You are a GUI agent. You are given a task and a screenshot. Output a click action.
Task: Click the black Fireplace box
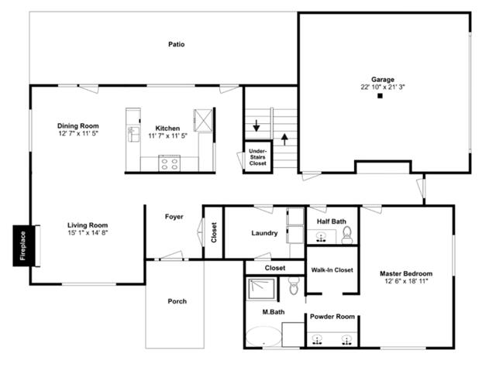[x=22, y=246]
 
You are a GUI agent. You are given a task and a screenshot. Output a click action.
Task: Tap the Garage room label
[x=383, y=80]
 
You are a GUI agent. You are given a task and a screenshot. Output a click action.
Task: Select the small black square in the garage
[x=380, y=97]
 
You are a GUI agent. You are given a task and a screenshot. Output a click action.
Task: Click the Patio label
[x=177, y=44]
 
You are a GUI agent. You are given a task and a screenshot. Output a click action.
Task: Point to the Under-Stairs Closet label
[x=258, y=157]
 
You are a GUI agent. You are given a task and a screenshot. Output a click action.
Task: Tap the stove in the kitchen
[x=169, y=163]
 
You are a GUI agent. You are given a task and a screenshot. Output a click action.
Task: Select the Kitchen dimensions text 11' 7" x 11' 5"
[x=168, y=136]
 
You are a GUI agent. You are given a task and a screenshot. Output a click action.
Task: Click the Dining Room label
[x=78, y=125]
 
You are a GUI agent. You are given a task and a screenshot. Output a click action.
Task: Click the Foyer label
[x=174, y=217]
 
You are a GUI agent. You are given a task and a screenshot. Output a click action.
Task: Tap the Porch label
[x=177, y=301]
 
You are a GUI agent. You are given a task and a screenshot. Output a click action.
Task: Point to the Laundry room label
[x=264, y=233]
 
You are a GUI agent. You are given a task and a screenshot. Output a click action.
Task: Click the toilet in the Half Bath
[x=347, y=233]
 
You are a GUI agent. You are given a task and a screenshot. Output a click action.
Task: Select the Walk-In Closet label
[x=332, y=270]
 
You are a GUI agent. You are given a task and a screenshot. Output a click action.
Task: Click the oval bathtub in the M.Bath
[x=263, y=339]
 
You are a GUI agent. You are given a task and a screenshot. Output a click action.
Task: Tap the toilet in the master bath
[x=293, y=288]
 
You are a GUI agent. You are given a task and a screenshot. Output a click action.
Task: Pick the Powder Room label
[x=332, y=317]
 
